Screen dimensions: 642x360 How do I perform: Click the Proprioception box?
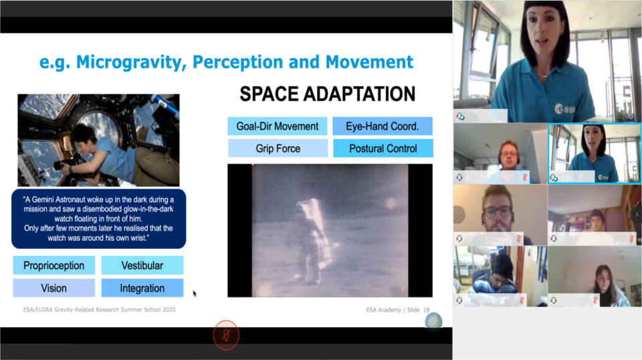tap(54, 266)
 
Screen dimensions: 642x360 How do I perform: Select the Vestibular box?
tap(142, 266)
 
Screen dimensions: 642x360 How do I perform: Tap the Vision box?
tap(54, 288)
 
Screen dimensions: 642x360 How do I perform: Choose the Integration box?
tap(142, 288)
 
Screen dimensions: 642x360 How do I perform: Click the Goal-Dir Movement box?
tap(277, 126)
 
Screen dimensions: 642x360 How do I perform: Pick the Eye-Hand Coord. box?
tap(383, 126)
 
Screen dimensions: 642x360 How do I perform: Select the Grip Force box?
tap(278, 149)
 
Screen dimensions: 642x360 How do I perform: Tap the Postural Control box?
tap(383, 149)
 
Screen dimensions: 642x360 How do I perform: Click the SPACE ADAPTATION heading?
tap(327, 94)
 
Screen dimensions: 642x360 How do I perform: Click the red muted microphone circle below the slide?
tap(226, 335)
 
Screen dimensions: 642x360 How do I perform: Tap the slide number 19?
tap(426, 310)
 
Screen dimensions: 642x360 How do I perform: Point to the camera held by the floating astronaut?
tap(66, 163)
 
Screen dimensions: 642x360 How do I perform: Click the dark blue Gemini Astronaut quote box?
tap(99, 219)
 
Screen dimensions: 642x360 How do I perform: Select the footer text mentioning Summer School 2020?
tap(100, 310)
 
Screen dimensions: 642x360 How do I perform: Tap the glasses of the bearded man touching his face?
tap(498, 211)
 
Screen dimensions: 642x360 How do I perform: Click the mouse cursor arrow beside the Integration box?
tap(195, 293)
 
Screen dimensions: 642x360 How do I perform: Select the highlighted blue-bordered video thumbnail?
tap(595, 153)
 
